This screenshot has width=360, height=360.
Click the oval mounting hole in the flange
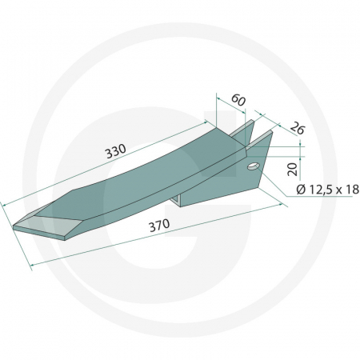coord(253,166)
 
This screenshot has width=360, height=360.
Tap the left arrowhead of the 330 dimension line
coord(6,202)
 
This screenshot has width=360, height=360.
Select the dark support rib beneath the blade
coord(200,196)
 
